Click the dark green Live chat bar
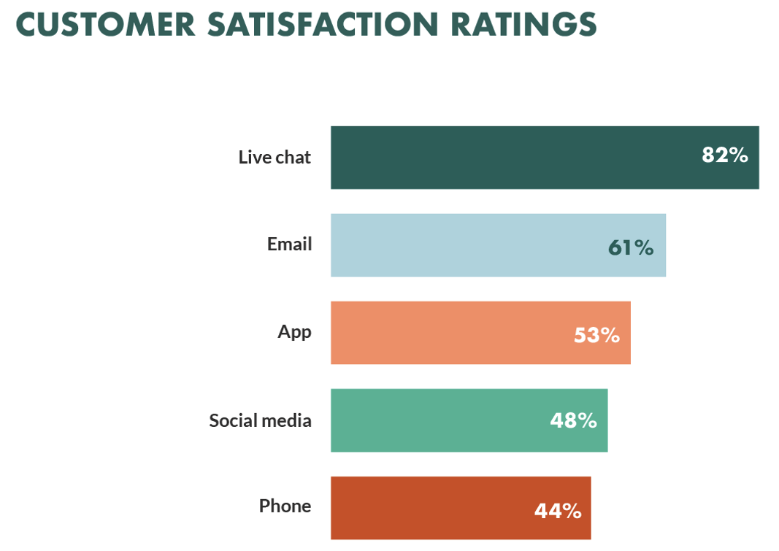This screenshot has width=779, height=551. (x=511, y=158)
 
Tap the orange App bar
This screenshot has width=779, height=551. (x=453, y=333)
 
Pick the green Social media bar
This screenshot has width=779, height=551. (x=438, y=420)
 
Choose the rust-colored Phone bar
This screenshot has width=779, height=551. (x=431, y=508)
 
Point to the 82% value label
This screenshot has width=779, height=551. (x=725, y=155)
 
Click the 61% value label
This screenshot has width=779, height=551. (x=631, y=248)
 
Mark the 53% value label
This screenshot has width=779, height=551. (x=596, y=336)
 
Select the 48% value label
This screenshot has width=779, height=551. (x=573, y=421)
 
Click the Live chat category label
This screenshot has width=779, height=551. (x=275, y=157)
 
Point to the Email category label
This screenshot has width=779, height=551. (x=289, y=244)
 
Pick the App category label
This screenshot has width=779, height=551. (x=294, y=332)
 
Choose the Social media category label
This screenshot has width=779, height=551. (x=260, y=420)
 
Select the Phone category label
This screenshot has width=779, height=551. (x=285, y=506)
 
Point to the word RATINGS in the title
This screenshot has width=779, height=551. (x=523, y=24)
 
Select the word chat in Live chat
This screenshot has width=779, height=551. (x=292, y=157)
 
